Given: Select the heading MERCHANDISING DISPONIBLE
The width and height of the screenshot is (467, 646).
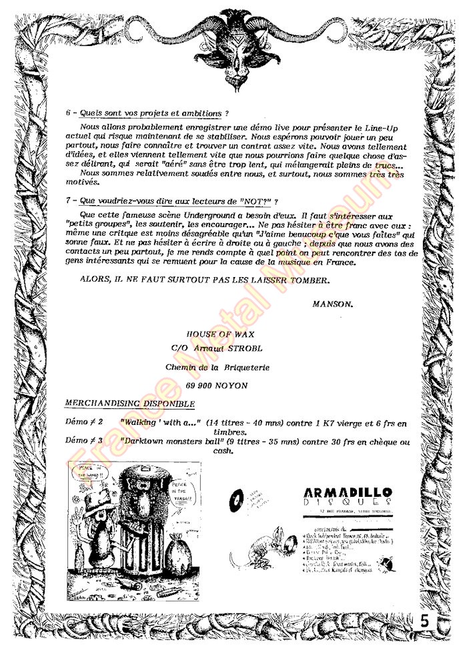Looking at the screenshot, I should point(130,404).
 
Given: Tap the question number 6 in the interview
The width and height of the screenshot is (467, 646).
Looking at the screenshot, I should point(69,114).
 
